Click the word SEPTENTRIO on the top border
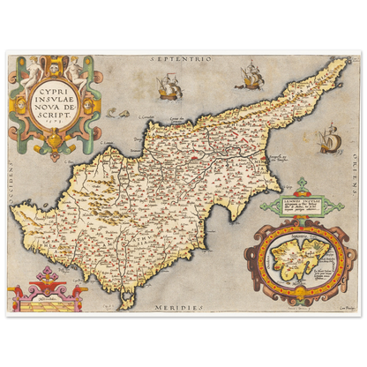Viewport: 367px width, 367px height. [x=183, y=56]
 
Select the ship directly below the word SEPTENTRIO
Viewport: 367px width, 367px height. [x=165, y=84]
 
